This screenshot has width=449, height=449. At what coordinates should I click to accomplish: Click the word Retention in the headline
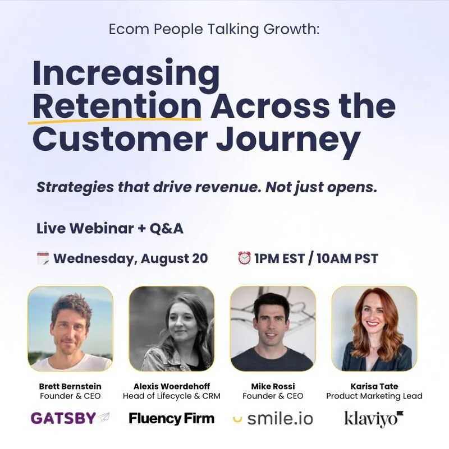click(117, 106)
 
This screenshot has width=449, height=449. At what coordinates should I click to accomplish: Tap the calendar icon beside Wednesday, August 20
click(43, 258)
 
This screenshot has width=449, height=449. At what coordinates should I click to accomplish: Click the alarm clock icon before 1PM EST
click(244, 258)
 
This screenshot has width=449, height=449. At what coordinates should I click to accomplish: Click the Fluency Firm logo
click(171, 418)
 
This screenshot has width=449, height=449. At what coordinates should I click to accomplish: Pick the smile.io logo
click(273, 418)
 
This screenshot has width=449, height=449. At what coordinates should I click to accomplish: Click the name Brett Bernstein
click(70, 386)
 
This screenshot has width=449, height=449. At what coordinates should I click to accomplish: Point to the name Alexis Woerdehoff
click(171, 386)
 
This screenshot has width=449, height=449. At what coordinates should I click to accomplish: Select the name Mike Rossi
click(273, 386)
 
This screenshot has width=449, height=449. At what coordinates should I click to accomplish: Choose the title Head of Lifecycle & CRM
click(171, 396)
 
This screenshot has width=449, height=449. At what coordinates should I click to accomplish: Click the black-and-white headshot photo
click(171, 329)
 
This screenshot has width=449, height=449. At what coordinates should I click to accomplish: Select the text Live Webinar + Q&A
click(110, 229)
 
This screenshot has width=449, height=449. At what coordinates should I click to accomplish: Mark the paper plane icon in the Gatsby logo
click(104, 418)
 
